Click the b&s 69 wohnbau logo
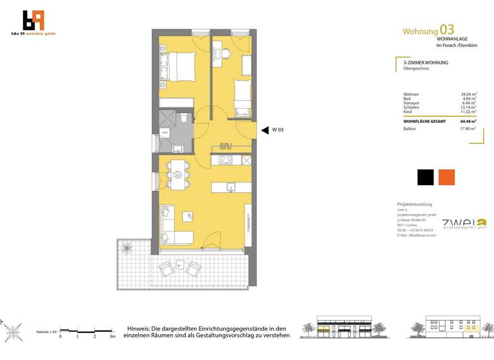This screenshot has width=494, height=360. (33, 22)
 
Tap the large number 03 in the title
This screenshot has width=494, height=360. (446, 30)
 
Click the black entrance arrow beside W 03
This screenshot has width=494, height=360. (264, 130)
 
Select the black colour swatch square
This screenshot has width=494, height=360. (426, 177)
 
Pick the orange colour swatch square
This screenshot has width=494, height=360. (446, 177)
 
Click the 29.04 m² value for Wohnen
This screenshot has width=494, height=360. (468, 94)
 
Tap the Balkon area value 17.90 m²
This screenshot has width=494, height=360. (468, 129)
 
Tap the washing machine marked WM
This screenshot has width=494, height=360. (165, 132)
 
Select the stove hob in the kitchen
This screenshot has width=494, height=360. (226, 160)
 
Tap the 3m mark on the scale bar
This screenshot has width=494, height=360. (112, 336)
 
